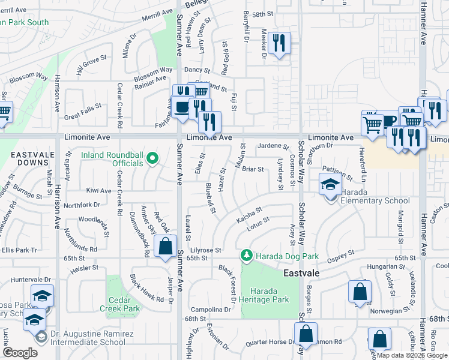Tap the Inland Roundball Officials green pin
(153, 159)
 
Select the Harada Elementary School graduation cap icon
(330, 185)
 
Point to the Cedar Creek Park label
(124, 304)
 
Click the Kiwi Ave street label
(98, 191)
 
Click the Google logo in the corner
(20, 353)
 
